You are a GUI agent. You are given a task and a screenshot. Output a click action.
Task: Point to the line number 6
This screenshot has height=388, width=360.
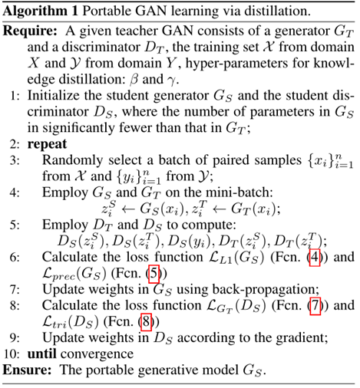click(17, 257)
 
